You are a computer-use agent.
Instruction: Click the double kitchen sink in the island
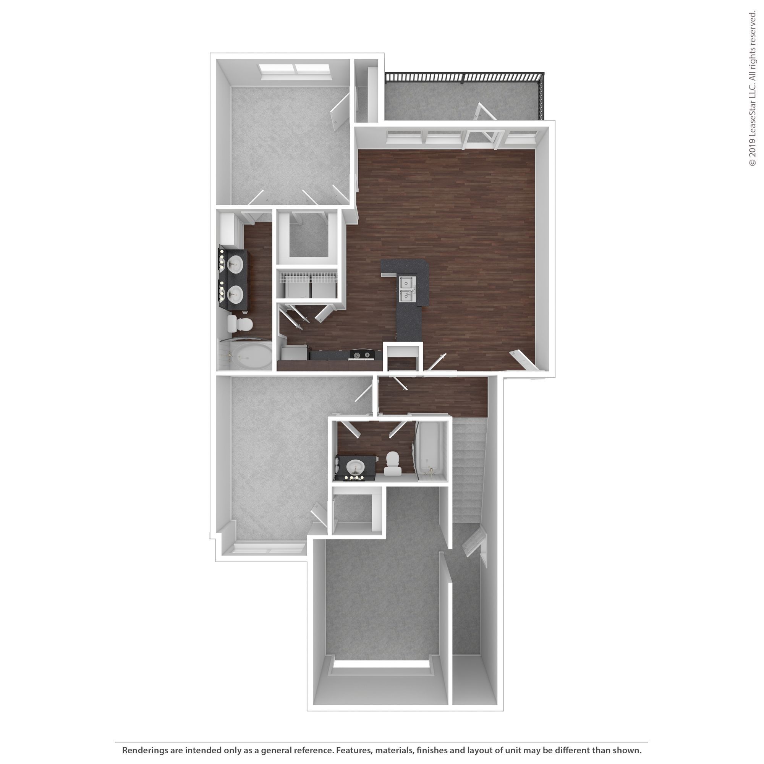coord(408,289)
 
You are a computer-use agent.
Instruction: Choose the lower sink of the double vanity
coord(236,293)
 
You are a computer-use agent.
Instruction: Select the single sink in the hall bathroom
coord(355,467)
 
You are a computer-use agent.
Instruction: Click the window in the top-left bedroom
coord(295,70)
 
